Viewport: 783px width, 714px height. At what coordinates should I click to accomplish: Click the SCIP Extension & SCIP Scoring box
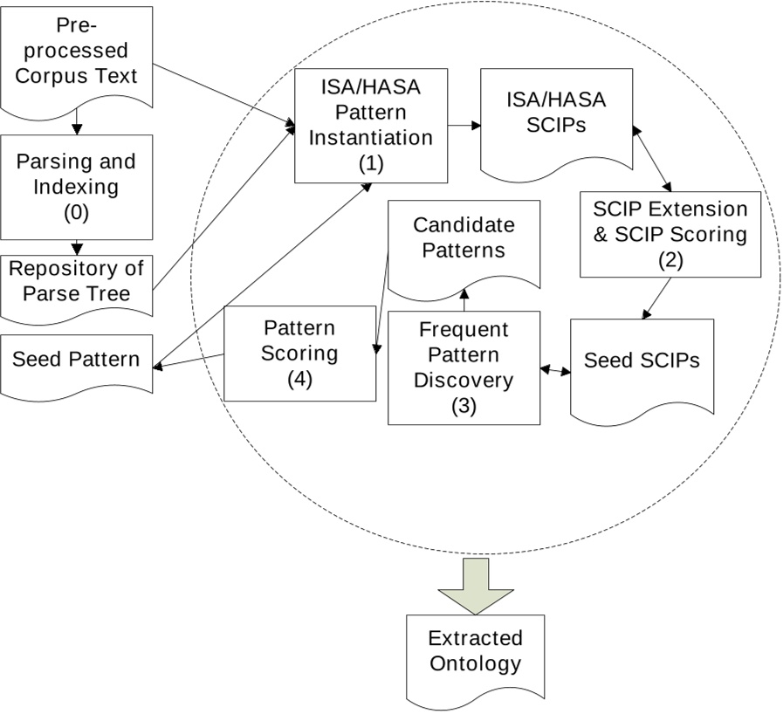coord(670,234)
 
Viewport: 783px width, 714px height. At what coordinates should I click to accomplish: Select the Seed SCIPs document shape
coord(642,361)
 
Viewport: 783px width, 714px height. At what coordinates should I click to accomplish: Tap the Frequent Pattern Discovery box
coord(464,367)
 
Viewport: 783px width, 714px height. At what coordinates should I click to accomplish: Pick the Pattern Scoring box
coord(299,353)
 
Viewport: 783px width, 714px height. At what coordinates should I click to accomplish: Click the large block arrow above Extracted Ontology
coord(475,581)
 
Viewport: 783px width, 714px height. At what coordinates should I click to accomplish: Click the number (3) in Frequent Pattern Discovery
coord(464,406)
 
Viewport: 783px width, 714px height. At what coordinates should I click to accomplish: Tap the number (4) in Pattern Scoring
coord(299,379)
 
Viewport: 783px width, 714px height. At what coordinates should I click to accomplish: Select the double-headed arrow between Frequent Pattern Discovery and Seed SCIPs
coord(554,371)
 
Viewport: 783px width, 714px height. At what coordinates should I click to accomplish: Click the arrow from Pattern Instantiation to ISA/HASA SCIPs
coord(464,126)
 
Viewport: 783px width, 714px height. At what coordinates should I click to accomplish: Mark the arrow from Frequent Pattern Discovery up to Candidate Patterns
coord(464,301)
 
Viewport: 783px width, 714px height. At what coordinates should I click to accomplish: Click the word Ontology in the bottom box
coord(475,663)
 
